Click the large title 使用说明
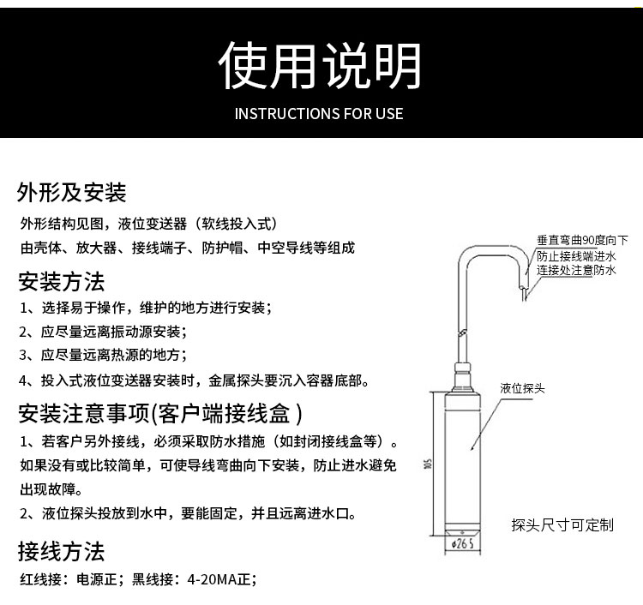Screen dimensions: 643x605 320,67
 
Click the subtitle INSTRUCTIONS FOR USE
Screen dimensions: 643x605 319,114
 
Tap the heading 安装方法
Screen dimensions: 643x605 61,281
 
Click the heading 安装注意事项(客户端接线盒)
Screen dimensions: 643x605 160,415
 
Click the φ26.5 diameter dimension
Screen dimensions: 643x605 463,544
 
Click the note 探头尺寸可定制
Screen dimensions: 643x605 562,524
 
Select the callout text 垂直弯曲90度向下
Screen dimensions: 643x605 582,241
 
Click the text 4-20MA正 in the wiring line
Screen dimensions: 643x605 221,579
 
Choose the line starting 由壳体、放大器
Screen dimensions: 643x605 187,249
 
